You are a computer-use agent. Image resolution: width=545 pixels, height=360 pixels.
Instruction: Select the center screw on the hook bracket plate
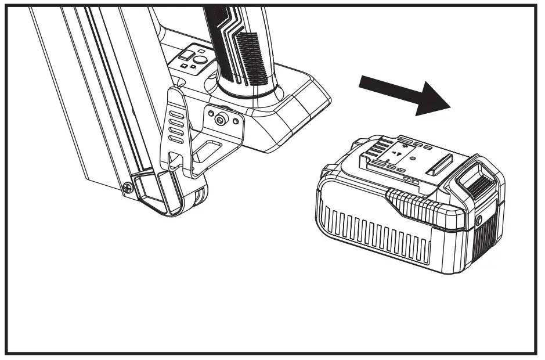click(221, 119)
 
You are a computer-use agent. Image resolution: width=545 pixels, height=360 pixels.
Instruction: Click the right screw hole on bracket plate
click(233, 121)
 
